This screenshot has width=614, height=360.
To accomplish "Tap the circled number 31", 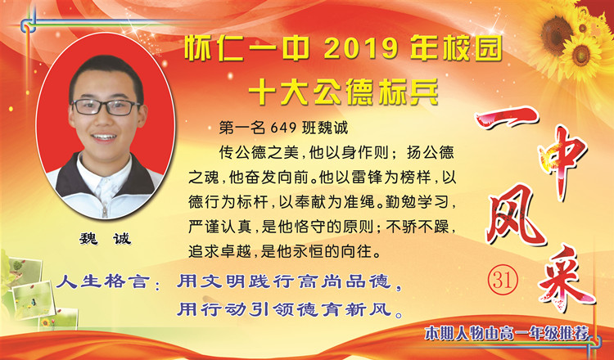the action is [503, 280].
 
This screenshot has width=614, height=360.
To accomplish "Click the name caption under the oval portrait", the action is [105, 238].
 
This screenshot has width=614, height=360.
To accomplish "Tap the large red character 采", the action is [565, 279].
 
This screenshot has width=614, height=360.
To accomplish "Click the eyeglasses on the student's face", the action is [105, 107].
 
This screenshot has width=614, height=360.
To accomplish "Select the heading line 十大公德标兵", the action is [343, 92].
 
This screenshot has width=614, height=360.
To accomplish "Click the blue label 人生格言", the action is [102, 281].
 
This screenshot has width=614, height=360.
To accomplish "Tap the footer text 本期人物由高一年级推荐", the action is [507, 334].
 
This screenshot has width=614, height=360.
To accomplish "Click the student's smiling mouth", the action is [104, 137].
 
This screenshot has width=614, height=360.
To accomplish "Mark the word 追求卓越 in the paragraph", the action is [219, 251].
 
